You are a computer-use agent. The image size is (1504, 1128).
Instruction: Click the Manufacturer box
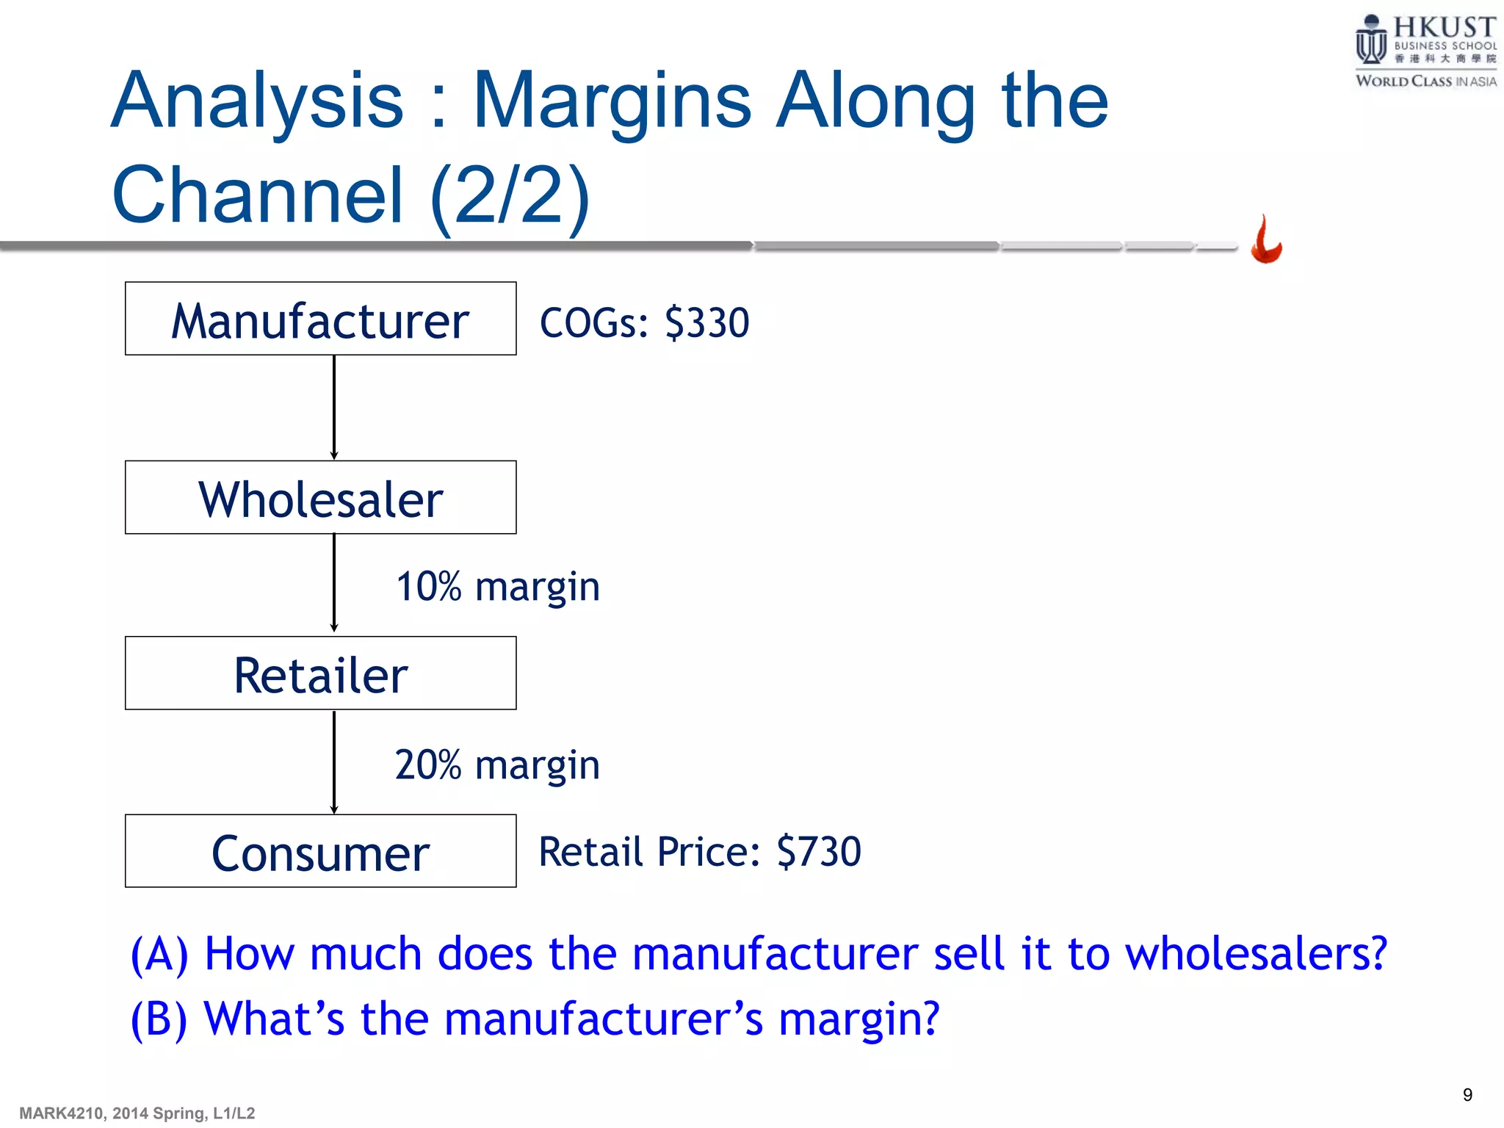[x=320, y=319]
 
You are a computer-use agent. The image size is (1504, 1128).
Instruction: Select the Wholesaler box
[x=320, y=497]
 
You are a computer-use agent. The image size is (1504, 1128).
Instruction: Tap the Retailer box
[x=320, y=673]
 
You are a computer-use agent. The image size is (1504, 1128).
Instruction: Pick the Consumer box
[x=320, y=851]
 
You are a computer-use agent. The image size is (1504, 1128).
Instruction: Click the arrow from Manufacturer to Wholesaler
[x=334, y=408]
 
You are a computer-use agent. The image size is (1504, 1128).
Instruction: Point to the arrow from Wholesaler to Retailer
[x=334, y=583]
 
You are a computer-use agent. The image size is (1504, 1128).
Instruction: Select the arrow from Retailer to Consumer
[x=334, y=762]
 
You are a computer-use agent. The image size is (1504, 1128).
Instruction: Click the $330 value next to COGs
[x=706, y=322]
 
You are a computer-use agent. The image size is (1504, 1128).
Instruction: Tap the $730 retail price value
[x=819, y=852]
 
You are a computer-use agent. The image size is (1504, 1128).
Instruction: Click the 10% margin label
[x=498, y=587]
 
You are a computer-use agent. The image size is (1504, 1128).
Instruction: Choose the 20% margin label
[x=497, y=765]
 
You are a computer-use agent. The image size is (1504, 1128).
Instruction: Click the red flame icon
[x=1266, y=240]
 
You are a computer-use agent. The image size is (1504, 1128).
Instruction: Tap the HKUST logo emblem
[x=1370, y=41]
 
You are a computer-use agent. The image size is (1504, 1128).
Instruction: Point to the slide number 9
[x=1467, y=1095]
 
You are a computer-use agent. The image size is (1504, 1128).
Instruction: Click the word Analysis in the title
[x=258, y=101]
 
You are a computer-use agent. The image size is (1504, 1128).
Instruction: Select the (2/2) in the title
[x=510, y=195]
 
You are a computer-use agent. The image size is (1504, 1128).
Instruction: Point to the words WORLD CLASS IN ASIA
[x=1425, y=82]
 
